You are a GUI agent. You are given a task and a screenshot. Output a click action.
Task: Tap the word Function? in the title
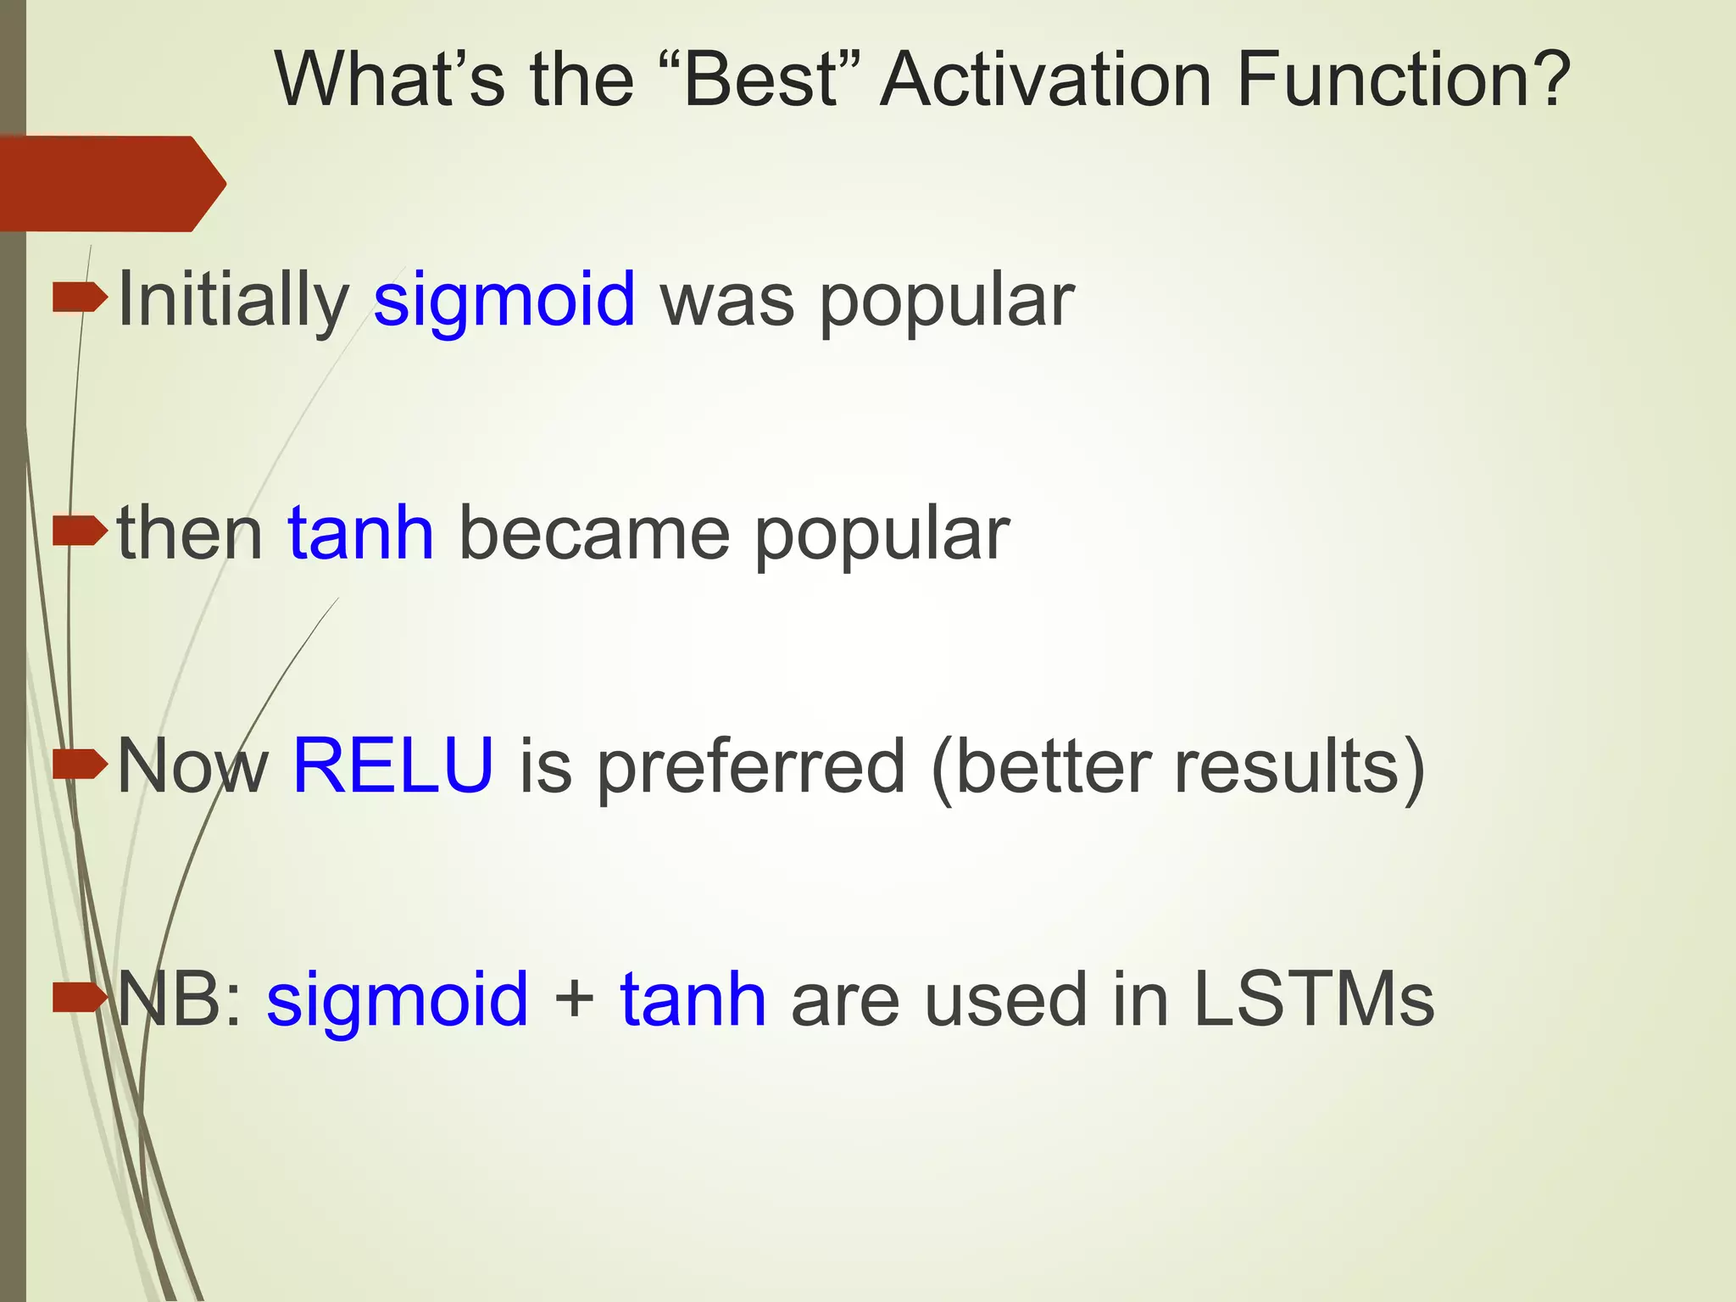[x=1403, y=81]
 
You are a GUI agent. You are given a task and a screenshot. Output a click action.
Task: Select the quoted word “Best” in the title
[x=759, y=81]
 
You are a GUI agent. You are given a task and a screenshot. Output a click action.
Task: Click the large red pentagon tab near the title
[x=110, y=183]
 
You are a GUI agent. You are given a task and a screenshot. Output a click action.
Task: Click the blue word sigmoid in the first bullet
[x=504, y=300]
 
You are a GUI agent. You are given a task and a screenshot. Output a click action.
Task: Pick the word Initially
[x=233, y=300]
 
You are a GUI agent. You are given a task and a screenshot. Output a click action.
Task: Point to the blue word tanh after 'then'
[x=361, y=533]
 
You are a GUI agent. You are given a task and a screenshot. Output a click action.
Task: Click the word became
[x=593, y=533]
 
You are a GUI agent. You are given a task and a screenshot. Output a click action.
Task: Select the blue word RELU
[x=393, y=766]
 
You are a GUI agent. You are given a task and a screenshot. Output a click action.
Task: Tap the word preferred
[x=751, y=766]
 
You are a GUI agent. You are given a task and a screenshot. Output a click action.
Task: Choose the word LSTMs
[x=1313, y=999]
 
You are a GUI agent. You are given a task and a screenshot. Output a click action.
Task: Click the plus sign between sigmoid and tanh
[x=574, y=999]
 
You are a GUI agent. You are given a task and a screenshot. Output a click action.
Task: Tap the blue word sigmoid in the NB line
[x=398, y=999]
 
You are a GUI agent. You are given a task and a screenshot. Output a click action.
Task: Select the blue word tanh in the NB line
[x=693, y=999]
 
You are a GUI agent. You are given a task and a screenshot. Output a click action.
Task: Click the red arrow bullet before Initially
[x=80, y=298]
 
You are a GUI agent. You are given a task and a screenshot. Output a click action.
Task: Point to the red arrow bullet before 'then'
[x=80, y=531]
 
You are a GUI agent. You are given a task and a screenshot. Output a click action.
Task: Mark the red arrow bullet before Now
[x=80, y=765]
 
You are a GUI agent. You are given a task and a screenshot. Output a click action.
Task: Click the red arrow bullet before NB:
[x=80, y=998]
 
